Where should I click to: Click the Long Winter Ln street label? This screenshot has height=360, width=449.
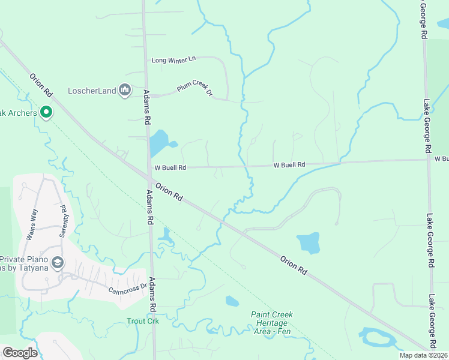[174, 59]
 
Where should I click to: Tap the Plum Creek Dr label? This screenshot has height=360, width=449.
[194, 89]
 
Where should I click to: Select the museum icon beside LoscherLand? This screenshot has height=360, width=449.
[125, 90]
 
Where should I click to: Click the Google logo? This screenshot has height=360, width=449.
[19, 353]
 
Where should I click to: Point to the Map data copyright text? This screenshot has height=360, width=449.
[424, 355]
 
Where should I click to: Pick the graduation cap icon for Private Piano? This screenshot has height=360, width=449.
[57, 262]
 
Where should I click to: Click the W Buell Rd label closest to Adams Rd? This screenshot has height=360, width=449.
[170, 168]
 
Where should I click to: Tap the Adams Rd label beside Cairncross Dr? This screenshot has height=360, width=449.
[152, 294]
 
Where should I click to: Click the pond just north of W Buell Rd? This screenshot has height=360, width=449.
[159, 144]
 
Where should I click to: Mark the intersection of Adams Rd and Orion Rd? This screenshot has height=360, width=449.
[148, 176]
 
